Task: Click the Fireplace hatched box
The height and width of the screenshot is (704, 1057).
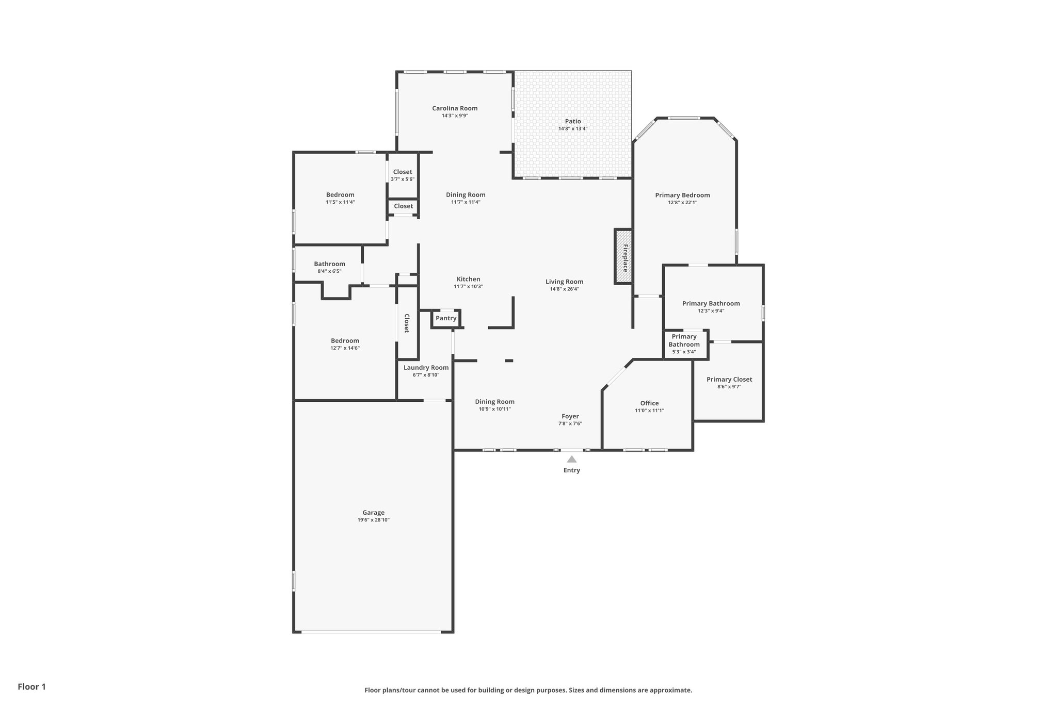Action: (x=623, y=256)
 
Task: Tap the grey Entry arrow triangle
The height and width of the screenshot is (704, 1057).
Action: (x=571, y=459)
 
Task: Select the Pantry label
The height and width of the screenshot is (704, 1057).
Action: (x=446, y=318)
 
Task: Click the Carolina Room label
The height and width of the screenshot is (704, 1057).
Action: (x=455, y=108)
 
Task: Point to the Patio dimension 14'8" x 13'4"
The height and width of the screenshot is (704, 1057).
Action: (x=573, y=129)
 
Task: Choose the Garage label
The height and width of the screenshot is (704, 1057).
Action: (x=373, y=513)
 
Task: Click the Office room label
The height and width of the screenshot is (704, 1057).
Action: (x=649, y=403)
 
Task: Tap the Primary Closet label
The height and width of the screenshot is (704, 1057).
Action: (x=729, y=379)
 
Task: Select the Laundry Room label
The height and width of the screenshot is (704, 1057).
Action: (x=426, y=368)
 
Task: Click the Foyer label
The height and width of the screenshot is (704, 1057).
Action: (x=570, y=416)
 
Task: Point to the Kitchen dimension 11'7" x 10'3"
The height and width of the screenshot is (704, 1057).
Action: (x=468, y=287)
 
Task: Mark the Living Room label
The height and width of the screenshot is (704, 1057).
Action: (x=564, y=282)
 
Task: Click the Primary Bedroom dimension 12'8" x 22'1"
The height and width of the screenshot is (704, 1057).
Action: (x=682, y=203)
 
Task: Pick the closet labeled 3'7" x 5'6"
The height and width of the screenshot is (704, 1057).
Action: (x=403, y=175)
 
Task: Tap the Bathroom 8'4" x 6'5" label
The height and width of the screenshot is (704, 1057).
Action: (x=329, y=264)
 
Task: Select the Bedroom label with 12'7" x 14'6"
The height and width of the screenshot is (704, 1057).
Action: (x=345, y=341)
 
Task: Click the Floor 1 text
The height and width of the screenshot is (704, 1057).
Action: (x=31, y=686)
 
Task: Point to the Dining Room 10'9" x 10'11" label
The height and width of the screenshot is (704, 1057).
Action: (x=494, y=402)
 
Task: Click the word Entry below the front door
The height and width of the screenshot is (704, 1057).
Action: (x=571, y=470)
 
